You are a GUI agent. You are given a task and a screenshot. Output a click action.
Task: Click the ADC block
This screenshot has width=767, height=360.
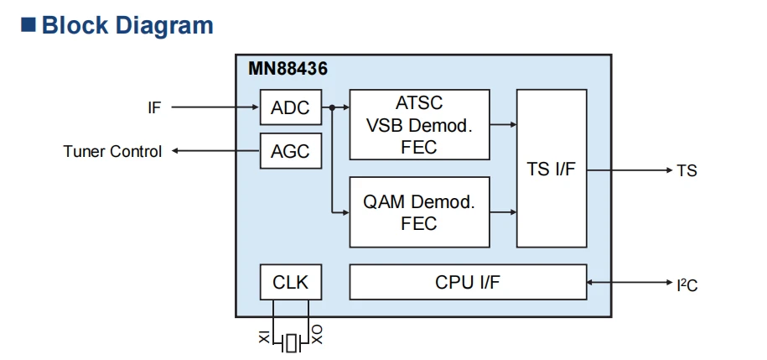pos(291,107)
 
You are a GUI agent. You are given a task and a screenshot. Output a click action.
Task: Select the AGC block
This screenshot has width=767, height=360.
pos(291,151)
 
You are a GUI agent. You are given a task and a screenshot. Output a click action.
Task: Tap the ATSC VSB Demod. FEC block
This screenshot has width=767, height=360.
pos(419,124)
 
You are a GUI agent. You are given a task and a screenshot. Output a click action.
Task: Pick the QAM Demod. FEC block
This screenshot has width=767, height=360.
pos(419,212)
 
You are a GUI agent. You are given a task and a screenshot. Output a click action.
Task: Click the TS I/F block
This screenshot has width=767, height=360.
pos(552,169)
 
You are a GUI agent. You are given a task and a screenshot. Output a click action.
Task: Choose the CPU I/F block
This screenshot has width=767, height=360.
pos(468,282)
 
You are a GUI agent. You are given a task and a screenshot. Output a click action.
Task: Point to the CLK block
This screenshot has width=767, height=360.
pos(291,282)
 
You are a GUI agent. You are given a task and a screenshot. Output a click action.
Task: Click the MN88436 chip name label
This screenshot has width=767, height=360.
pos(288,69)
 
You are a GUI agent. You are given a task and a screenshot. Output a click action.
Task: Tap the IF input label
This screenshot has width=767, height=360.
pos(154,107)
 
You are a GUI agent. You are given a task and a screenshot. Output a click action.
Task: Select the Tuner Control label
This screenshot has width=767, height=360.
pos(112,151)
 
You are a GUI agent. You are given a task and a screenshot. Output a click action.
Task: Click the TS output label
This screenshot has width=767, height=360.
pos(687,171)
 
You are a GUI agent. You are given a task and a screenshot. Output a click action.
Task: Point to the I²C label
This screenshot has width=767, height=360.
pos(687,284)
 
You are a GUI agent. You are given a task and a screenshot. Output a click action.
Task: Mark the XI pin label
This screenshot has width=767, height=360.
pos(264,337)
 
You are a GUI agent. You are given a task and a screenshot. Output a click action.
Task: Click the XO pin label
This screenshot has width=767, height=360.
pos(317,335)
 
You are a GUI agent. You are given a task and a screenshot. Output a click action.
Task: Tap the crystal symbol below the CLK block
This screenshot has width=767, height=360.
pos(292,343)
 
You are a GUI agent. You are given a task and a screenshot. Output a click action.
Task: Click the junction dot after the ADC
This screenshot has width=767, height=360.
pos(332,107)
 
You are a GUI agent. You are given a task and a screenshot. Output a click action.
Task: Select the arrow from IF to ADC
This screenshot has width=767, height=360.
pos(215,107)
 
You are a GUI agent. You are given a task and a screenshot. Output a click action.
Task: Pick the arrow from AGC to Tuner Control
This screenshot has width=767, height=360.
pos(215,151)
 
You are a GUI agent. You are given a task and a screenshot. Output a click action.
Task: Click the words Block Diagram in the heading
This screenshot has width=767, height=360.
pos(127,25)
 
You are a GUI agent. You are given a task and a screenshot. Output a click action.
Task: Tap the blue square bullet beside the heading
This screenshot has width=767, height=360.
pos(29,25)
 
